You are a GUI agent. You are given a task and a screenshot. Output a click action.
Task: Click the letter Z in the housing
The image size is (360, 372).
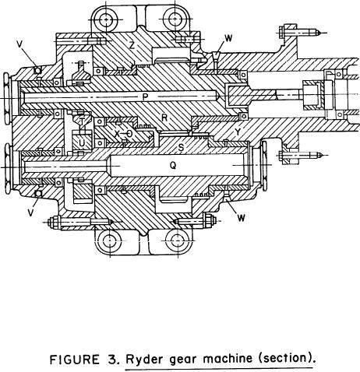(132, 45)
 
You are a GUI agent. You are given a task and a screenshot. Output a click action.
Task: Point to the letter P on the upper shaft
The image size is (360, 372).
(145, 97)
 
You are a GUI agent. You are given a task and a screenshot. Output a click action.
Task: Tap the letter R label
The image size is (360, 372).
(164, 118)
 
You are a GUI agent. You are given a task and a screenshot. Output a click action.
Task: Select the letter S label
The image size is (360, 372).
(181, 148)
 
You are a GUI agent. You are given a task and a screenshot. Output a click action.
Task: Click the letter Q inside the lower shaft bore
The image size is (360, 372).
(173, 165)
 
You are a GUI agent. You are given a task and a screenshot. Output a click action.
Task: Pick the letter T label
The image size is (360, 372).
(82, 121)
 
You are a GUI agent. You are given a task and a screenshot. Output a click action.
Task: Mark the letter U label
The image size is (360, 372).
(82, 142)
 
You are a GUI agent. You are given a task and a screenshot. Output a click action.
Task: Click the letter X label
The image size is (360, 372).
(117, 134)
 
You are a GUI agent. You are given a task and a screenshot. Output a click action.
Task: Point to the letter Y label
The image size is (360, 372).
(238, 132)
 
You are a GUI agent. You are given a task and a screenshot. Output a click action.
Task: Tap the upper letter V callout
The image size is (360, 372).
(19, 44)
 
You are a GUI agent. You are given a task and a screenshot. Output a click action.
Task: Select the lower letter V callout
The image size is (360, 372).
(31, 212)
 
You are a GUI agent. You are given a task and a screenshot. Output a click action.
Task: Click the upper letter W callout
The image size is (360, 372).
(228, 38)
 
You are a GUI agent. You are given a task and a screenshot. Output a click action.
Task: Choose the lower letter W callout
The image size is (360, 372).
(241, 218)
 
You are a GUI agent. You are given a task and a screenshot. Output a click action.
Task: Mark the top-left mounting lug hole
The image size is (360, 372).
(106, 19)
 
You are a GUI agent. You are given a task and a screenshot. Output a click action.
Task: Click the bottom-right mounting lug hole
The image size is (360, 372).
(178, 241)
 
